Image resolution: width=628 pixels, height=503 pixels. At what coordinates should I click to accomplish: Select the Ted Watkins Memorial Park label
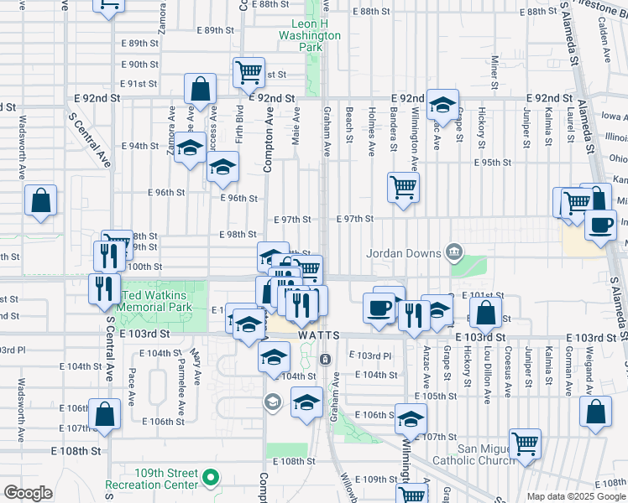pos(158,302)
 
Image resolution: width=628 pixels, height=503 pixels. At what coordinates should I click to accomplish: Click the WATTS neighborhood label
pos(318,335)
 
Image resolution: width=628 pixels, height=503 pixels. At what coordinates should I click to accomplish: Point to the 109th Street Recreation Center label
pos(152,480)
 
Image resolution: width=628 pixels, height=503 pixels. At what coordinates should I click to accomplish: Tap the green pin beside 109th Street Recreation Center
pos(211,480)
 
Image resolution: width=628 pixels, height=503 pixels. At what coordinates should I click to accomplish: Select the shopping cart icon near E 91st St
pos(249,72)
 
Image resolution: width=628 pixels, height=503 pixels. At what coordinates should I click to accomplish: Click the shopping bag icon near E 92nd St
pos(201,88)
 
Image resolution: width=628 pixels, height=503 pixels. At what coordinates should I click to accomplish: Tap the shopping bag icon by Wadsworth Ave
pos(40,200)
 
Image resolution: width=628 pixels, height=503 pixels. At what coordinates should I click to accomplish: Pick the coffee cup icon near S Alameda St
pos(600,225)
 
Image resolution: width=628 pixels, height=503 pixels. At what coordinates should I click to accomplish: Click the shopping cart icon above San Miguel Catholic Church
pos(525,443)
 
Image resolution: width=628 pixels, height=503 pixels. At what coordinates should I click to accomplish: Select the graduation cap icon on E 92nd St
pos(442,105)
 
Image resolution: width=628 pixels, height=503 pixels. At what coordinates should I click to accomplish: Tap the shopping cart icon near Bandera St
pos(403,186)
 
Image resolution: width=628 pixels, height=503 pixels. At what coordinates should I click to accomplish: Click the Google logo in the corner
pos(28,493)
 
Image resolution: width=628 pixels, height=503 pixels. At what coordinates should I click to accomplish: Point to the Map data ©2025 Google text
pos(576,495)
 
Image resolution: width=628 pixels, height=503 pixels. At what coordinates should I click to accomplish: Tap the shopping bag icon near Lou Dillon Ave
pos(486,314)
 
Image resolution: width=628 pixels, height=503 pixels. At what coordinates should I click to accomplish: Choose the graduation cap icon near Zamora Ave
pos(191,148)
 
